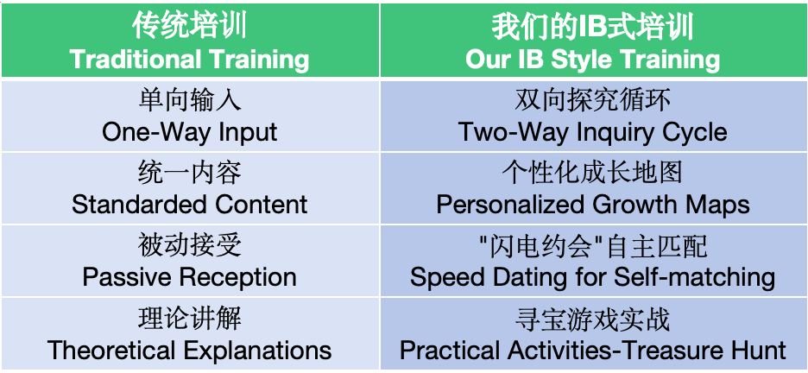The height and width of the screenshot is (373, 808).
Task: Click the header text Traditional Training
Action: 190,60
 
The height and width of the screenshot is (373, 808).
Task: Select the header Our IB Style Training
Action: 592,60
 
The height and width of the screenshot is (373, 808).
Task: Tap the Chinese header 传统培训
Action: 190,27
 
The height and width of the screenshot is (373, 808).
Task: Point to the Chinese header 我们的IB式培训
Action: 592,27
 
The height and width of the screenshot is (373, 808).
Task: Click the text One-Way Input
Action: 190,132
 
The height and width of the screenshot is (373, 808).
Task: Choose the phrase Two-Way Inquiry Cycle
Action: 592,132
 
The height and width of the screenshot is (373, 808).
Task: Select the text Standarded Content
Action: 190,205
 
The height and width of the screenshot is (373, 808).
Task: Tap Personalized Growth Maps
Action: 592,205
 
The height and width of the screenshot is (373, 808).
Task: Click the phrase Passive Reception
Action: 190,277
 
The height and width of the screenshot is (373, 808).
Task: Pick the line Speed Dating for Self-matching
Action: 592,277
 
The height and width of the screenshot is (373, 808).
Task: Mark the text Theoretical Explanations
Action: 190,351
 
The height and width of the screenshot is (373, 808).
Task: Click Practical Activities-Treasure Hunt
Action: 592,351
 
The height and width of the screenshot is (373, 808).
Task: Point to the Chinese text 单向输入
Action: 190,100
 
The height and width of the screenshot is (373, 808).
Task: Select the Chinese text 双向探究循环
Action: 592,100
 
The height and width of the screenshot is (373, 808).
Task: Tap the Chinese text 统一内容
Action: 190,173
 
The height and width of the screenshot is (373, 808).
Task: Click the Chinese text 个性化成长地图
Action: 592,173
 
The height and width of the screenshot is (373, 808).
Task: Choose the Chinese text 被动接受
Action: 190,246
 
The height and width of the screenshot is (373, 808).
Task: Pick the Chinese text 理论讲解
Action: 190,319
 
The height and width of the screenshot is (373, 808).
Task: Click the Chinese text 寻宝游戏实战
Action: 592,319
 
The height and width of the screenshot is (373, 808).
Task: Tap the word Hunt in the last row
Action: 759,351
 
